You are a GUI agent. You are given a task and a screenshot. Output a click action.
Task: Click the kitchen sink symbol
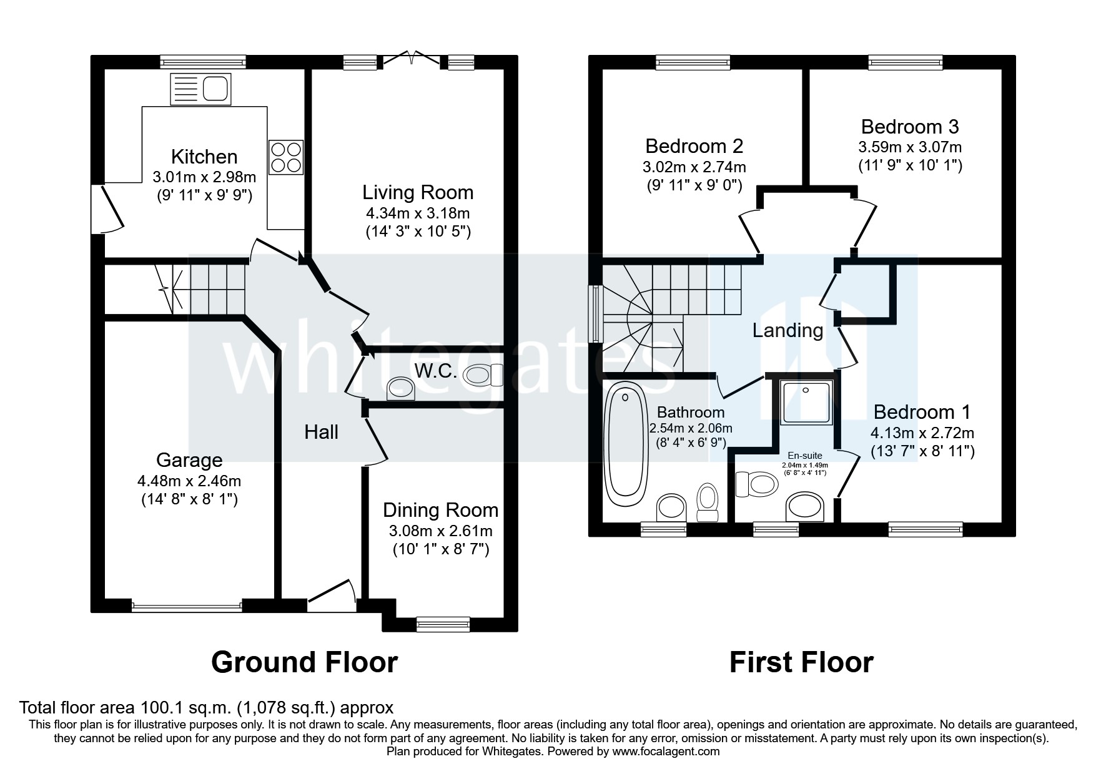200,89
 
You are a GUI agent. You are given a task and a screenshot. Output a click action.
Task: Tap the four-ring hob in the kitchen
286,157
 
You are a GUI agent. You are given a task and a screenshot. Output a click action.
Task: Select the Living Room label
418,192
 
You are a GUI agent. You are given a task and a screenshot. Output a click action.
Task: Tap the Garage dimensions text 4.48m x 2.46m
189,481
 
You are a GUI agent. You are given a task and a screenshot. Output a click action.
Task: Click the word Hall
321,432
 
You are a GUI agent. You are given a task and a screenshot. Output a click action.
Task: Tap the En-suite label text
804,456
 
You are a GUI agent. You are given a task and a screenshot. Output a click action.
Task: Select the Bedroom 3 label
909,127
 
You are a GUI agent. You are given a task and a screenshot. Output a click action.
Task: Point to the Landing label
787,330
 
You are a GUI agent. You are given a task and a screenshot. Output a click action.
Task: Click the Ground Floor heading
304,662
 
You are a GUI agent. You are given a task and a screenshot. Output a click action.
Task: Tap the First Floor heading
801,662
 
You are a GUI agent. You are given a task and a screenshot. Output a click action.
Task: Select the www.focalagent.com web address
666,752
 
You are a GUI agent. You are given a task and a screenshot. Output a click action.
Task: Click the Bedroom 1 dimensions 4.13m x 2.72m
922,433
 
